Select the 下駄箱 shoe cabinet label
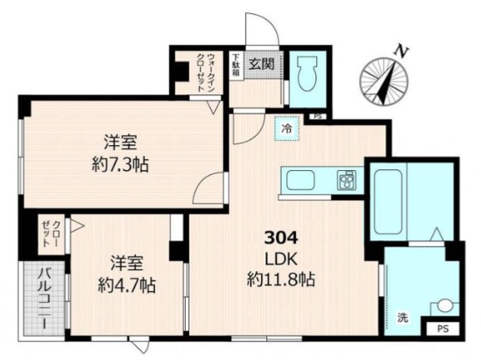click(x=236, y=66)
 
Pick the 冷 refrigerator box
click(x=287, y=130)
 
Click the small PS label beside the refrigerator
click(x=316, y=117)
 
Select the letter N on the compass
click(x=401, y=51)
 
